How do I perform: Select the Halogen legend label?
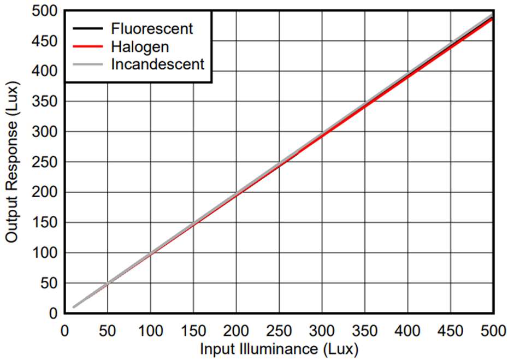click(140, 46)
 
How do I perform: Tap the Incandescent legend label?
click(157, 64)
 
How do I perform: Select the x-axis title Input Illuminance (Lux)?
click(279, 349)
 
